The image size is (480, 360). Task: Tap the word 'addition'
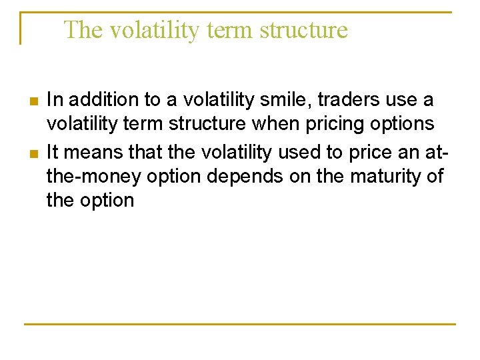coord(97,100)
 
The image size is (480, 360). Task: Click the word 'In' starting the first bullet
coord(54,100)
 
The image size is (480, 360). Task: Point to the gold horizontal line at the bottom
coord(240,324)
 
